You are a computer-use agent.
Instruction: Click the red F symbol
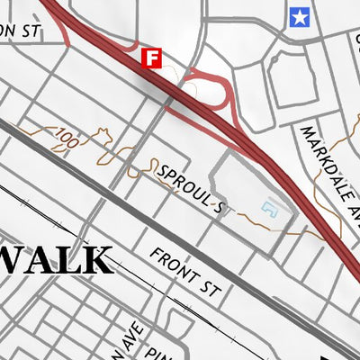point(152,59)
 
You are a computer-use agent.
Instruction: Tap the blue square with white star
point(299,15)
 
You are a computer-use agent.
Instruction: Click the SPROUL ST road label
point(189,188)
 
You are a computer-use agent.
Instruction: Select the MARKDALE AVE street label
point(327,171)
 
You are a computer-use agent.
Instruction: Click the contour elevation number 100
point(66,138)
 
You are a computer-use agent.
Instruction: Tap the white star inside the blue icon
point(299,15)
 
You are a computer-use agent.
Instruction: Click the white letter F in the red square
point(152,59)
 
